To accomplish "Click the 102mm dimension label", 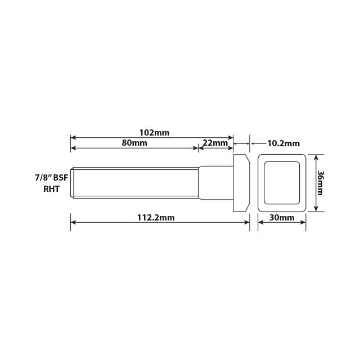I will pos(154,133).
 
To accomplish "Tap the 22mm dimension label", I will pos(214,143).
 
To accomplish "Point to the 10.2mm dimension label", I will pos(283,143).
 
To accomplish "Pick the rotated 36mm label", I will pos(319,183).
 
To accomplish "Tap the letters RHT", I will pos(52,189).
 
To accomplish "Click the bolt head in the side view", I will pos(241,183).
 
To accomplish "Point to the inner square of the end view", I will pos(282,183).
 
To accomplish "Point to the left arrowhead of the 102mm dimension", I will pos(73,137).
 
